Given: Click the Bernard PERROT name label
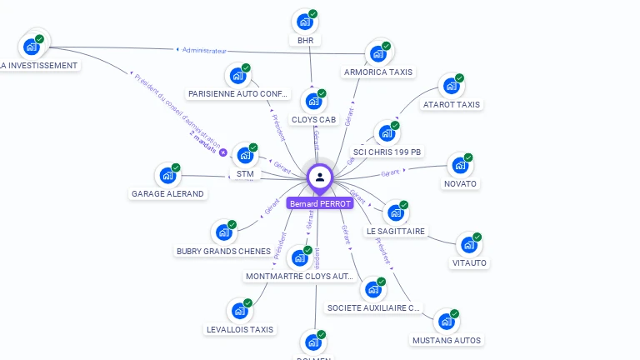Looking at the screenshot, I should (320, 203).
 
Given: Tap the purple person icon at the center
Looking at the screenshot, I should (320, 177).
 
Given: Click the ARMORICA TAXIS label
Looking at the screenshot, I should (378, 72).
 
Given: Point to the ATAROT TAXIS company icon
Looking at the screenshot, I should (451, 86).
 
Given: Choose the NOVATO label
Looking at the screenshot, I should (460, 183).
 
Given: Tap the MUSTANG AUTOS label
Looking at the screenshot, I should (447, 340).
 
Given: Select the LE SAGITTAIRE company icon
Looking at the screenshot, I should (396, 212).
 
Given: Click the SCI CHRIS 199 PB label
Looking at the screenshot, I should (387, 152).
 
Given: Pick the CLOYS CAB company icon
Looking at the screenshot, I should (313, 101).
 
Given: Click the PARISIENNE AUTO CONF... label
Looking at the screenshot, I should (238, 93).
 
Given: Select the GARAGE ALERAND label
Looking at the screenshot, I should (167, 193).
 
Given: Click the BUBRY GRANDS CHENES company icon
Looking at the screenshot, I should (223, 232).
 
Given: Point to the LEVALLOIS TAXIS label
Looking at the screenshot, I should (240, 329).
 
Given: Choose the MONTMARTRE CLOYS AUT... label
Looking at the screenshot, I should (300, 276).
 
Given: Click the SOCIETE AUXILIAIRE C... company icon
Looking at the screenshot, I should (372, 289).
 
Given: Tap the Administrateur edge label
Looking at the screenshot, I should (203, 51).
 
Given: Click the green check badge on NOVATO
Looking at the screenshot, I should (468, 157).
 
